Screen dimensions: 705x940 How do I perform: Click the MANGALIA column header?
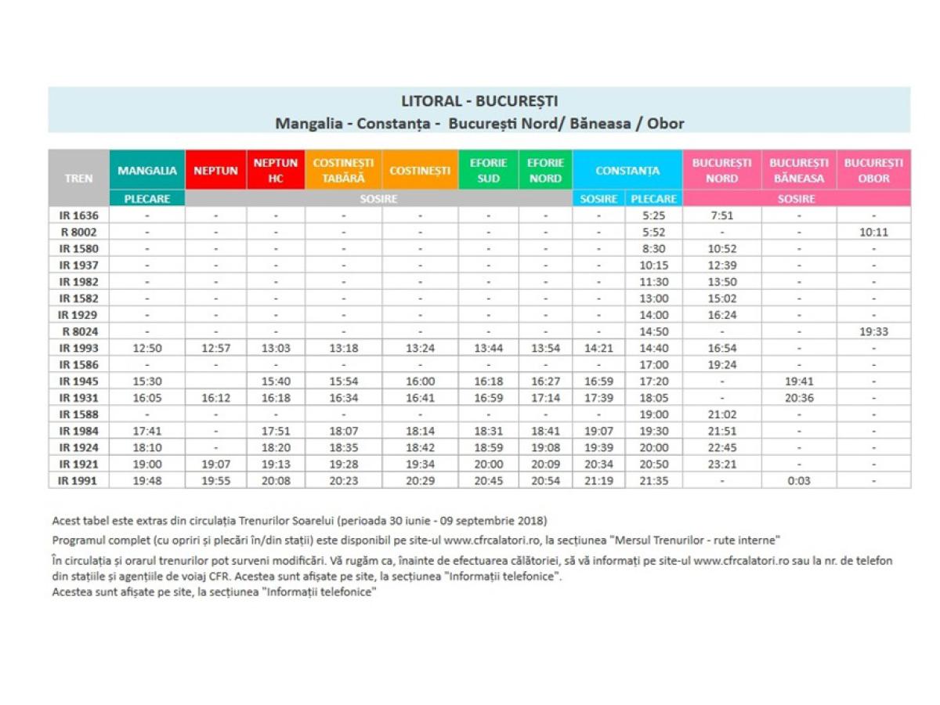[147, 170]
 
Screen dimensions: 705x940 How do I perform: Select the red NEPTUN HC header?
[276, 170]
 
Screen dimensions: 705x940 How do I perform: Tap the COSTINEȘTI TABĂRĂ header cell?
[343, 170]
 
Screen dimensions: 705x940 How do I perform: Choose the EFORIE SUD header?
[488, 170]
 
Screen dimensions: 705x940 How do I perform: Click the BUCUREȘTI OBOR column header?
[873, 170]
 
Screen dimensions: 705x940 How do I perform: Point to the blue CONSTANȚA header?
[627, 170]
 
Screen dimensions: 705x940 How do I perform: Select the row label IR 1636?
[78, 215]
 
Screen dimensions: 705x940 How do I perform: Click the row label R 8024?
[78, 331]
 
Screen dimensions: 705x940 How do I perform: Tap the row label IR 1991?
[78, 480]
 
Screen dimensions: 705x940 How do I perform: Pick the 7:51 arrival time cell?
[721, 215]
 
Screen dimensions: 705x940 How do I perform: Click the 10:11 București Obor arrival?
[873, 232]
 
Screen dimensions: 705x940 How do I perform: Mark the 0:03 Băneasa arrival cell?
[799, 480]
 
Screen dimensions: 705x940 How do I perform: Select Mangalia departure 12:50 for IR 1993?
[147, 348]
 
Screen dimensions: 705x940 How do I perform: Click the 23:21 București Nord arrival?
[721, 464]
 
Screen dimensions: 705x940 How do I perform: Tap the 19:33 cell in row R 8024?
[873, 331]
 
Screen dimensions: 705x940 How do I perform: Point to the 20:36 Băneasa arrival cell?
[799, 397]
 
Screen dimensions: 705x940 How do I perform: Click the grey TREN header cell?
[78, 178]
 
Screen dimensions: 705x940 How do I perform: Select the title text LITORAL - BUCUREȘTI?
[479, 102]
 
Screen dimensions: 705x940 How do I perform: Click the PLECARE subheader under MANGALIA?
[147, 199]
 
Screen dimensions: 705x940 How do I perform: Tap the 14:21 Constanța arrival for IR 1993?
[599, 348]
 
